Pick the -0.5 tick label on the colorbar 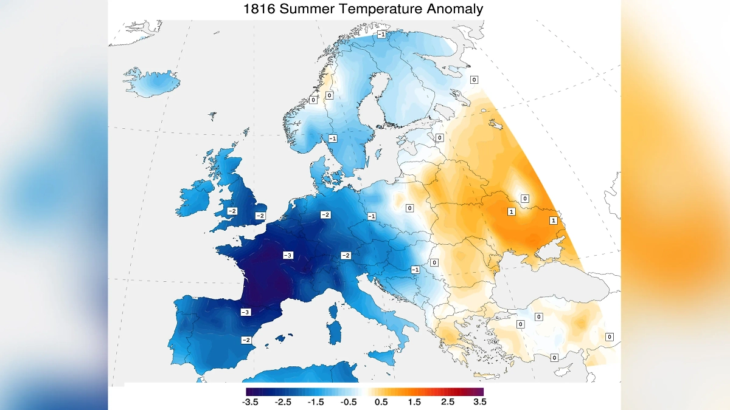[x=349, y=401]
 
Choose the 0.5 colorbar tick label [x=382, y=401]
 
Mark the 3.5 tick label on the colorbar [x=479, y=401]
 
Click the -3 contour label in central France [x=288, y=255]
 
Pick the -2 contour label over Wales [x=232, y=211]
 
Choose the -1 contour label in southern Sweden [x=333, y=138]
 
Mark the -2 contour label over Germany [x=325, y=215]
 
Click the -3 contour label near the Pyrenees [x=245, y=312]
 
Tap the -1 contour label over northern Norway [x=381, y=34]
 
